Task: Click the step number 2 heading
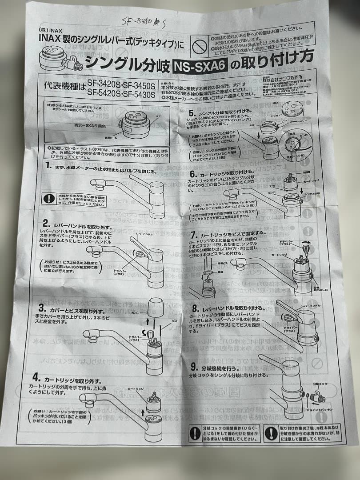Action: [46, 222]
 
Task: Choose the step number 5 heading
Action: [192, 113]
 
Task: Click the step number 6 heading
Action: [193, 174]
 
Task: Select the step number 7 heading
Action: [193, 234]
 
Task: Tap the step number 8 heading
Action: [195, 308]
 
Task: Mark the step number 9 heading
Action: [194, 367]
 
